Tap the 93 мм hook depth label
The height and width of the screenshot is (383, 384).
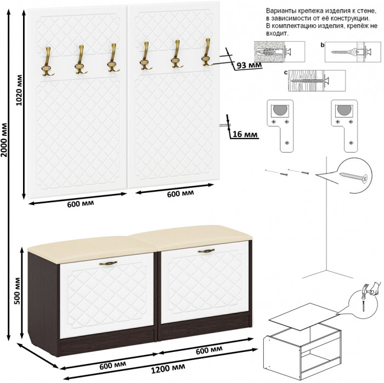tap(249, 65)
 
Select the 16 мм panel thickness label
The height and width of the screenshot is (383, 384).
tap(245, 134)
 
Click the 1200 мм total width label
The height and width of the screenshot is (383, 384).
tap(168, 369)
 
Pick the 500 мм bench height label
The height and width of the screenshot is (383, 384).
tap(18, 291)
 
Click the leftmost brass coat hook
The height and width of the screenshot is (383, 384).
tap(47, 61)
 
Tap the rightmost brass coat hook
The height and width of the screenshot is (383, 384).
tap(207, 52)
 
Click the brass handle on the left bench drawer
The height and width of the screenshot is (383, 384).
tap(108, 263)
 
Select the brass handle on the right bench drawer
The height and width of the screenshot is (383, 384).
tap(206, 251)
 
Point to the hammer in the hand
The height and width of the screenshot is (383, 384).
tap(366, 289)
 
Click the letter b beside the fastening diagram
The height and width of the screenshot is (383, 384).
tap(323, 45)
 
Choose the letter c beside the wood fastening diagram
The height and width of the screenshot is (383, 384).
tap(286, 73)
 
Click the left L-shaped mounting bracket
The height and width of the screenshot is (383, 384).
tap(280, 126)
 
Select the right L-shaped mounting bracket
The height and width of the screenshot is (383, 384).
tap(345, 126)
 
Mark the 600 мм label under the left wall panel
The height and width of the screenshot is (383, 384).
tap(81, 204)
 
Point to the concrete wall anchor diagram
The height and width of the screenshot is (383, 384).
tap(279, 52)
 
